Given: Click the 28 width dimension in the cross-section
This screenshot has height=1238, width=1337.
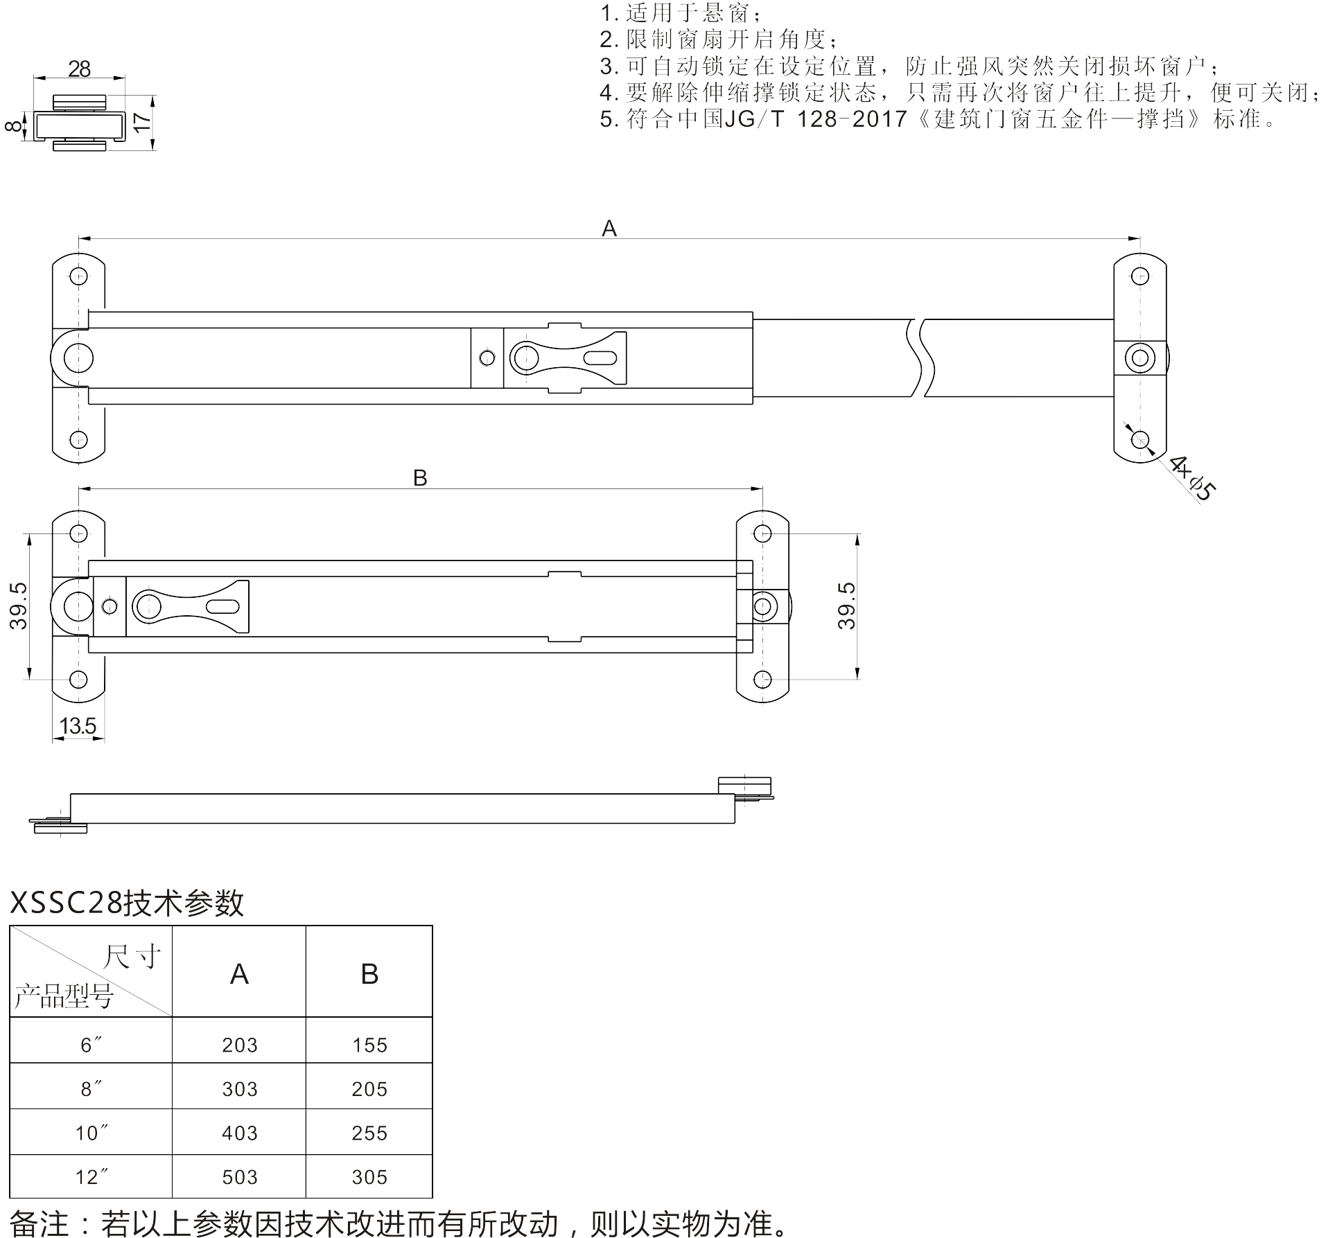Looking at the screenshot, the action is click(80, 69).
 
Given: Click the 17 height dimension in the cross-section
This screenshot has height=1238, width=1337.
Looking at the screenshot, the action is click(141, 123).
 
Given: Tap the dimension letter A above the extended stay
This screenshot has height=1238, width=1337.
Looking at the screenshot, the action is click(609, 228).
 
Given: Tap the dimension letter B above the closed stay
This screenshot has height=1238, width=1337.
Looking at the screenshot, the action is click(420, 477).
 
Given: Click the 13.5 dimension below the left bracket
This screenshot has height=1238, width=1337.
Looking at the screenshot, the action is click(78, 726).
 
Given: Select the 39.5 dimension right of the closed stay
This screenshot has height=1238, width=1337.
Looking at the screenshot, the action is click(846, 605).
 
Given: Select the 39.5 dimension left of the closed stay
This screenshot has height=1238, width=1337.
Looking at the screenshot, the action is click(18, 605).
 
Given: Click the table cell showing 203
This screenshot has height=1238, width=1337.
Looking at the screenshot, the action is click(240, 1045).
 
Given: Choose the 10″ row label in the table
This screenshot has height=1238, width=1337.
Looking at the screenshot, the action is click(92, 1133).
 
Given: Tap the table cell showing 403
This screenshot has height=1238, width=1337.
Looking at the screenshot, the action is click(240, 1133).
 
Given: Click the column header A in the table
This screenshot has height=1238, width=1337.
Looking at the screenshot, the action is click(239, 974).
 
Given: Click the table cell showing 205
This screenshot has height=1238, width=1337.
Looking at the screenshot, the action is click(369, 1089).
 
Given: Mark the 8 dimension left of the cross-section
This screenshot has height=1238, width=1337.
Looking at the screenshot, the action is click(14, 126).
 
